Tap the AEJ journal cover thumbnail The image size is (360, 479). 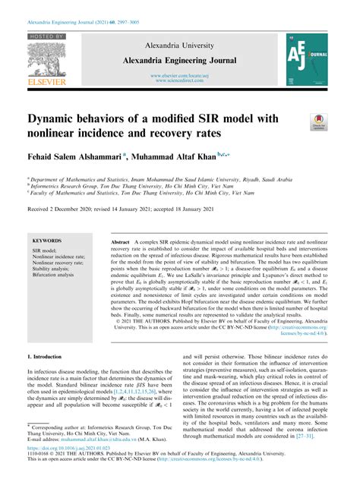pyautogui.click(x=308, y=58)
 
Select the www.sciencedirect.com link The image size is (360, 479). pyautogui.click(x=180, y=80)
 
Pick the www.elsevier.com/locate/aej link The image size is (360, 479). pyautogui.click(x=180, y=75)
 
